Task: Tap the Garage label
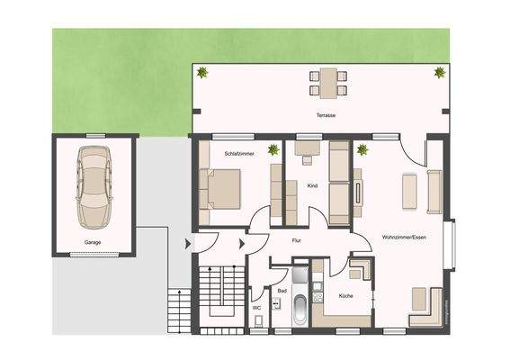click(93, 243)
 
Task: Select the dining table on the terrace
click(325, 82)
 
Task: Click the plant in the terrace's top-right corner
click(439, 73)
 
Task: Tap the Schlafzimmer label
click(240, 154)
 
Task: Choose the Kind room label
click(312, 186)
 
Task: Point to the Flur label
click(296, 241)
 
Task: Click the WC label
click(256, 308)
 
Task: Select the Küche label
click(345, 295)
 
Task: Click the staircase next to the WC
click(217, 298)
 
